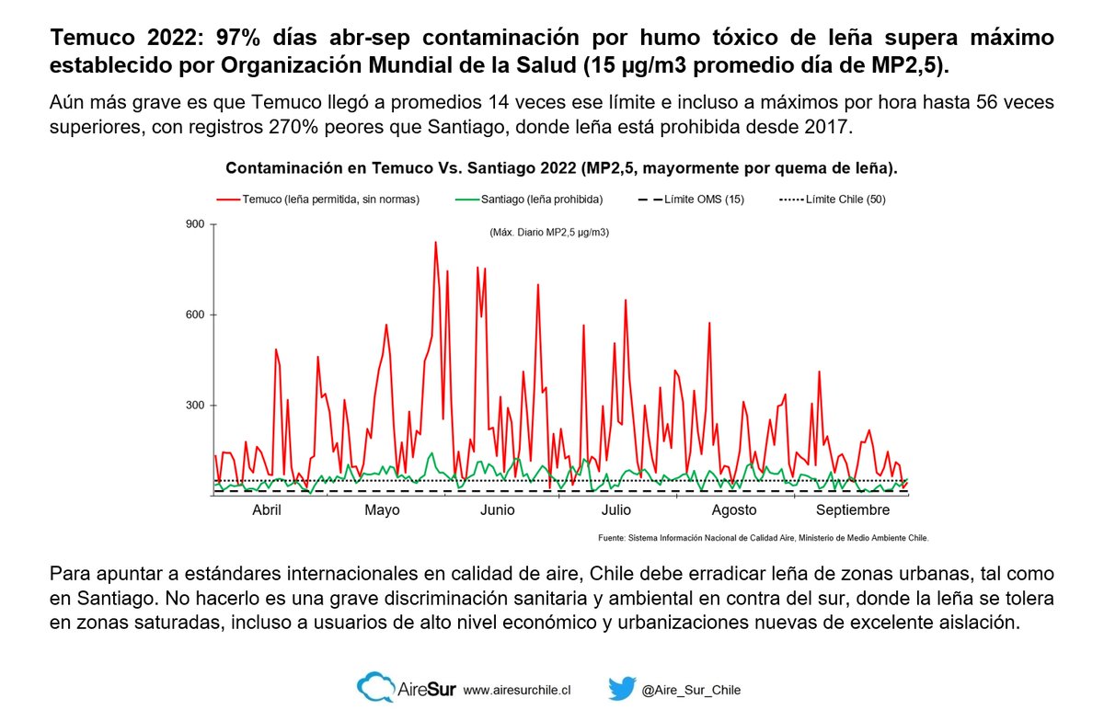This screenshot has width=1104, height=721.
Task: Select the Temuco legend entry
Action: pyautogui.click(x=317, y=200)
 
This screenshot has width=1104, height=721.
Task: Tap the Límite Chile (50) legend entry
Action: pyautogui.click(x=832, y=200)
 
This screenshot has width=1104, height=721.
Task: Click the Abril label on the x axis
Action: pyautogui.click(x=267, y=510)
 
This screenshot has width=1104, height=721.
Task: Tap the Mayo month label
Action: pyautogui.click(x=382, y=510)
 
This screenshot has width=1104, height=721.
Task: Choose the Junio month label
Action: pyautogui.click(x=498, y=510)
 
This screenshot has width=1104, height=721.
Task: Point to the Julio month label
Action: pyautogui.click(x=615, y=510)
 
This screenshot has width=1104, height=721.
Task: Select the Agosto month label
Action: pyautogui.click(x=734, y=510)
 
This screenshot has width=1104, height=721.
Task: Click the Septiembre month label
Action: pyautogui.click(x=853, y=510)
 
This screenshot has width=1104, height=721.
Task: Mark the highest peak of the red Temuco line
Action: pyautogui.click(x=435, y=243)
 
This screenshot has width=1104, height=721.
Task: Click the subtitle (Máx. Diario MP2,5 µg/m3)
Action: pyautogui.click(x=549, y=233)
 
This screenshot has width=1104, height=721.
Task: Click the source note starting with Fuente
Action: pyautogui.click(x=763, y=538)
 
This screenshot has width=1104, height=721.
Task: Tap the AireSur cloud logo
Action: pyautogui.click(x=375, y=689)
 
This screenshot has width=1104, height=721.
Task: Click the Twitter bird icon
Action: pyautogui.click(x=623, y=689)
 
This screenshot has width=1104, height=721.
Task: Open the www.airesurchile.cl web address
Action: pyautogui.click(x=517, y=690)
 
